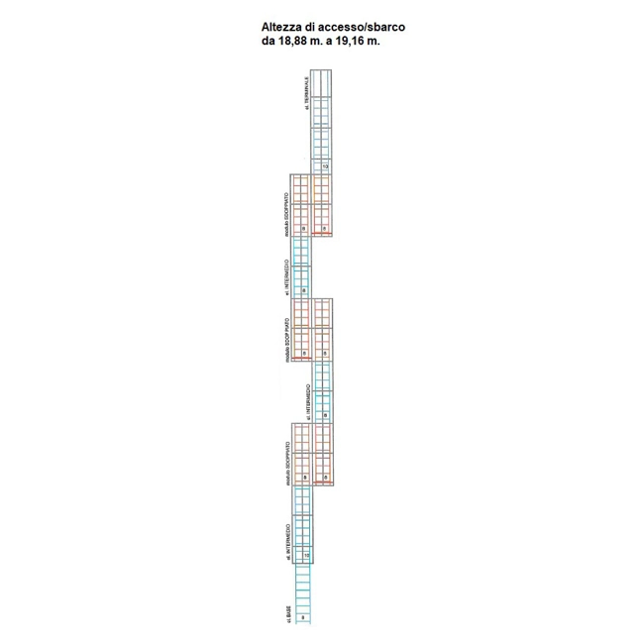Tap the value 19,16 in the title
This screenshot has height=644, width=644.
[349, 43]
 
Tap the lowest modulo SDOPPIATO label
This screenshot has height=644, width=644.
[287, 460]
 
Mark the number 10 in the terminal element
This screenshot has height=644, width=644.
[325, 166]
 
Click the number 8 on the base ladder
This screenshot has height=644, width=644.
[304, 616]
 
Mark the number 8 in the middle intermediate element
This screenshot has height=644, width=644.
[325, 415]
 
